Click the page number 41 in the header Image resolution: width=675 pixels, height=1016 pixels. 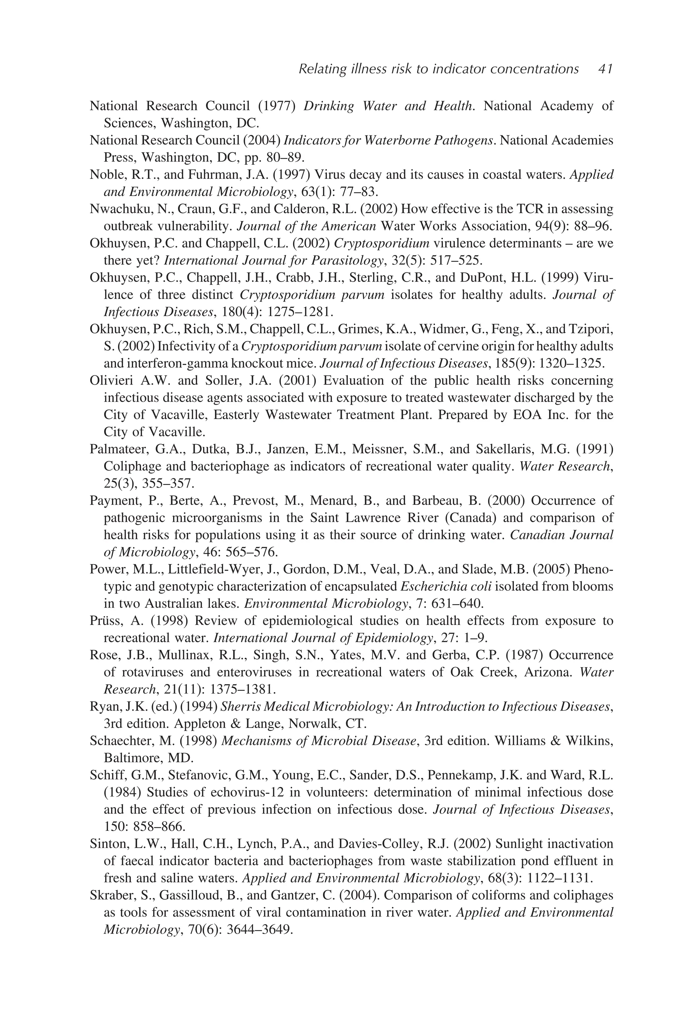(605, 69)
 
